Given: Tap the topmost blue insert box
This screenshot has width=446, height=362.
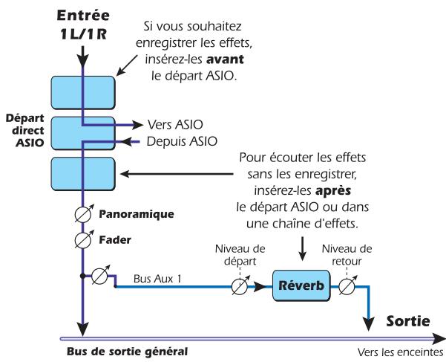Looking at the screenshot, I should tap(82, 93).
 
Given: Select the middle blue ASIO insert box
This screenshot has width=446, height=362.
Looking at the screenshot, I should tap(82, 132).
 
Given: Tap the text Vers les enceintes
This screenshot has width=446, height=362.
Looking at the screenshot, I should tap(398, 353).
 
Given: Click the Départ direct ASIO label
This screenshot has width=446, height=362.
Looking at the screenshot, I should tap(24, 129).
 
